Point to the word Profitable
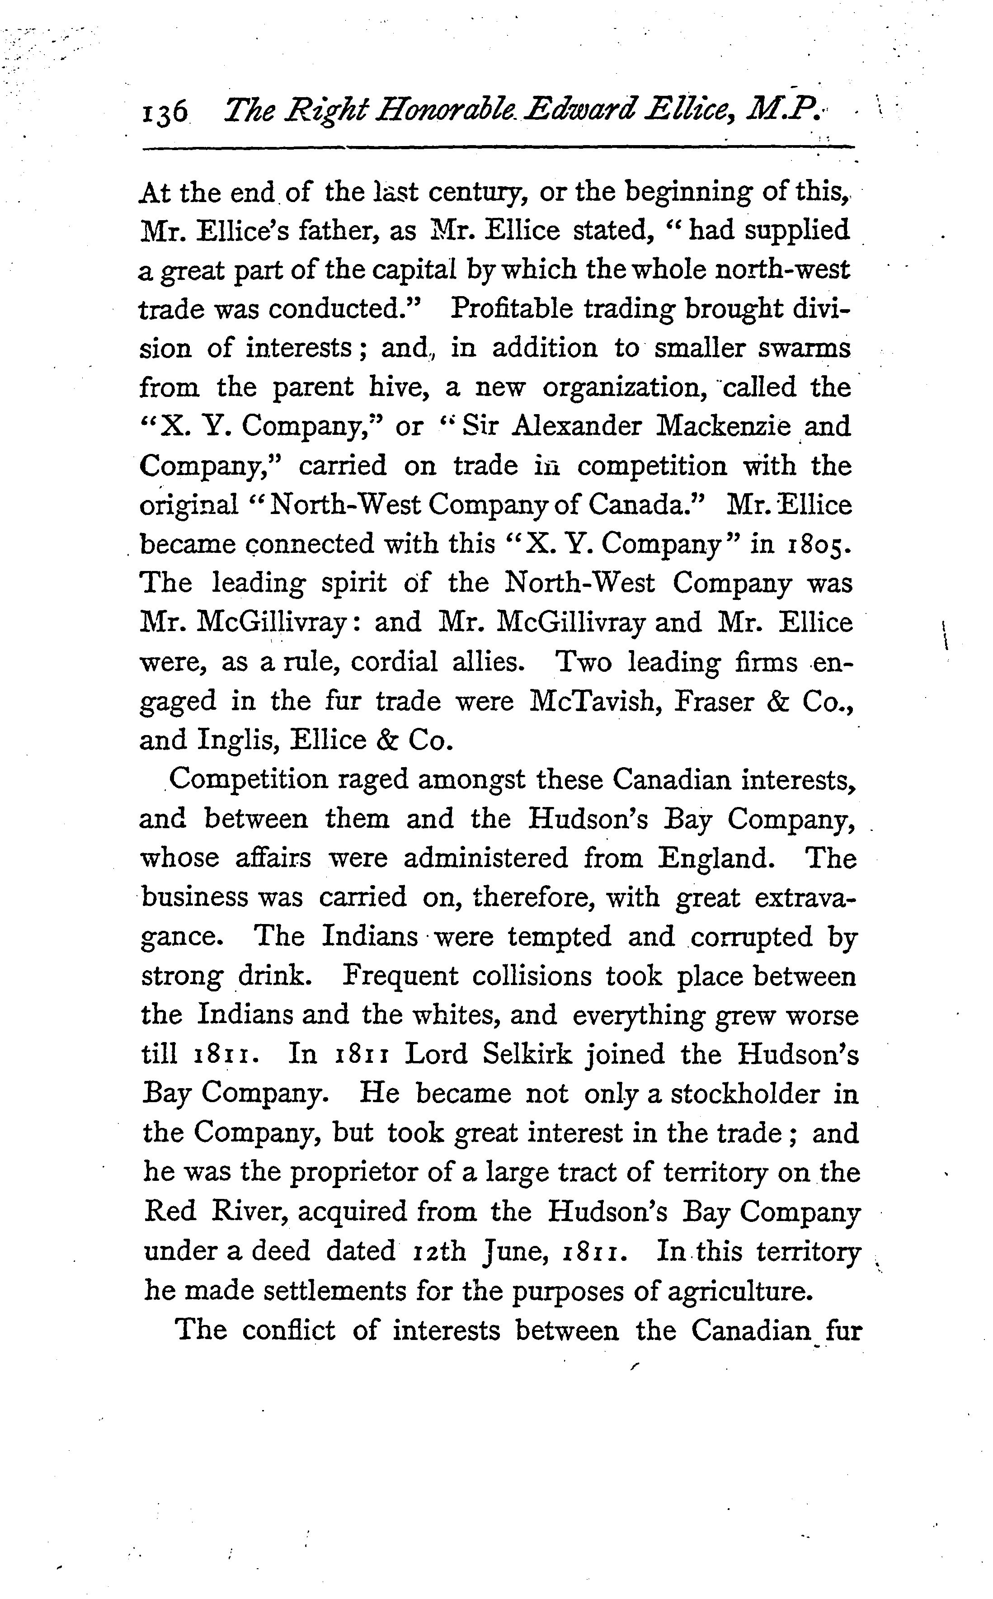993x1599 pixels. coord(511,309)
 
